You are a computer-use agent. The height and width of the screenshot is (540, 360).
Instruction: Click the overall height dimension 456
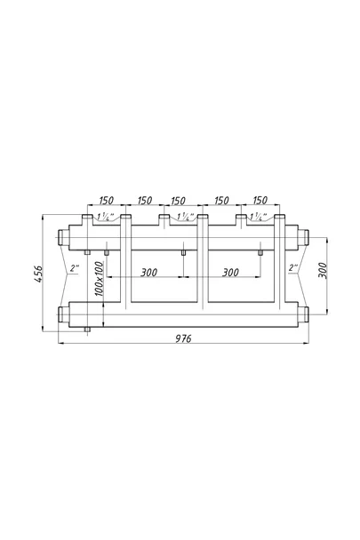coord(38,274)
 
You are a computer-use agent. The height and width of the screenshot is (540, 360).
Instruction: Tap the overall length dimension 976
coord(183,338)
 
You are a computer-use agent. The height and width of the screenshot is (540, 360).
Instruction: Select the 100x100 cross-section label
coord(99,279)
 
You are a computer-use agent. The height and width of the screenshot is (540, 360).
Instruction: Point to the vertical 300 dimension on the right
coord(322,271)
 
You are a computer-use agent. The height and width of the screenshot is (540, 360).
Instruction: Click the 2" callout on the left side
coord(75,267)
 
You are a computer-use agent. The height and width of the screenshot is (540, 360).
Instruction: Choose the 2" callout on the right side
coord(293,267)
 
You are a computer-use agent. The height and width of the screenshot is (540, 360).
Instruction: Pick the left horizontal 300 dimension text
coord(149,273)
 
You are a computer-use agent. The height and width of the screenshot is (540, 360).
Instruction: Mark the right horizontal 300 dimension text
coord(230,273)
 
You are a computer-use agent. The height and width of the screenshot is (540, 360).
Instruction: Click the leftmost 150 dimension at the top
coord(106,200)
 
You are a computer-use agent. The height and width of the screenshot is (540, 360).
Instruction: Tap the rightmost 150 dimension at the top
coord(260,200)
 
